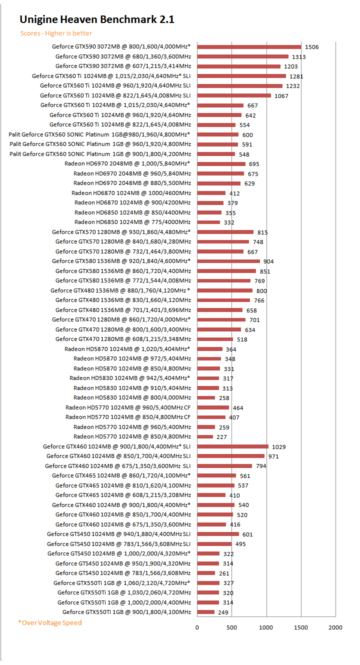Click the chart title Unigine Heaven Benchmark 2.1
(96, 19)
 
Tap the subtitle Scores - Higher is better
(56, 33)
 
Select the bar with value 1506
(249, 46)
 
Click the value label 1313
(299, 57)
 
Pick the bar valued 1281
(241, 76)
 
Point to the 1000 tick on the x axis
(266, 627)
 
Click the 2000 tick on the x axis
(335, 627)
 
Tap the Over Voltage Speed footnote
(49, 622)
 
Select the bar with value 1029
(232, 446)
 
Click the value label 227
(222, 437)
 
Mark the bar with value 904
(228, 261)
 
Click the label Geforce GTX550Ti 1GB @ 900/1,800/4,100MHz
(126, 612)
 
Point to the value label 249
(223, 612)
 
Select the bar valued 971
(230, 456)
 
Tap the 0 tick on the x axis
(197, 627)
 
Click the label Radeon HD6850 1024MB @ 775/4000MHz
(132, 222)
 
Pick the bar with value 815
(225, 232)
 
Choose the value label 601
(247, 534)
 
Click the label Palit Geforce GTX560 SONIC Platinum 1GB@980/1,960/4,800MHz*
(99, 134)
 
